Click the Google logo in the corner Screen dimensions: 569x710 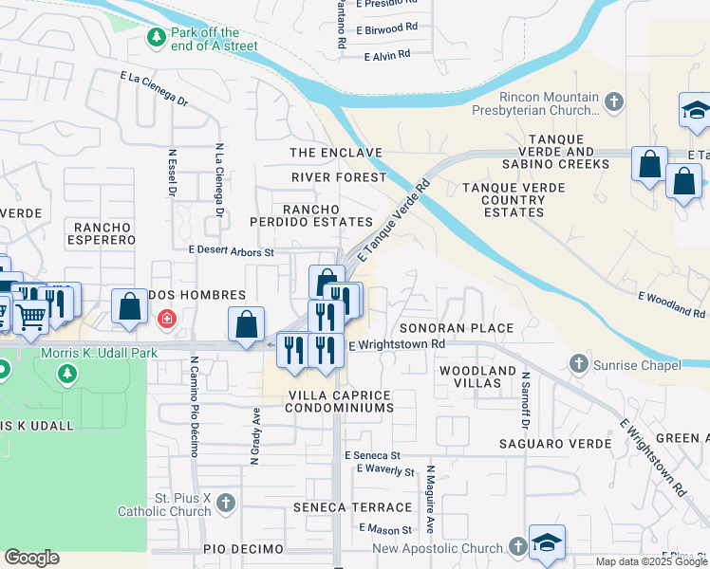click(x=32, y=558)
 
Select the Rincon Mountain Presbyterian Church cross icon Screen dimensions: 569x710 click(x=614, y=101)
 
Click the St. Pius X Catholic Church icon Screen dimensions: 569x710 click(x=225, y=502)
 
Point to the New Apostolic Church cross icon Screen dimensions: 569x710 click(x=517, y=547)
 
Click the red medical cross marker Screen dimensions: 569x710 click(x=167, y=319)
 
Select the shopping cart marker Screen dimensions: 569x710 click(x=30, y=315)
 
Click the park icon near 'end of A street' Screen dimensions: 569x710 click(x=156, y=37)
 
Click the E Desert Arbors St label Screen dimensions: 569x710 click(x=231, y=251)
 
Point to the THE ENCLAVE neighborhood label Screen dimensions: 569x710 click(x=336, y=153)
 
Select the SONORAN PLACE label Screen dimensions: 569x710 click(x=456, y=328)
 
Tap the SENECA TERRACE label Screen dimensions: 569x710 click(x=354, y=507)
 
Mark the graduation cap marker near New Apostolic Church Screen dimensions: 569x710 click(x=547, y=541)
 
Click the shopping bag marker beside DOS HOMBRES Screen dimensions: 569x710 click(x=129, y=305)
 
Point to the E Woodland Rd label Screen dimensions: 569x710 click(x=671, y=304)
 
